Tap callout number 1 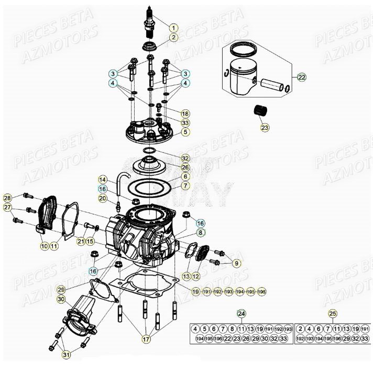point(173,27)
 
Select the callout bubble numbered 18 point(185,113)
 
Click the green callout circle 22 point(301,77)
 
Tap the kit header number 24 point(241,314)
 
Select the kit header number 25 point(333,314)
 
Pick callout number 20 point(103,198)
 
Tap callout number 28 point(7,198)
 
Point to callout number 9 point(236,263)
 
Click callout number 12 point(195,276)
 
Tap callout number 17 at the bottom point(147,340)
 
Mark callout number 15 point(90,241)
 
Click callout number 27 point(7,208)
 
